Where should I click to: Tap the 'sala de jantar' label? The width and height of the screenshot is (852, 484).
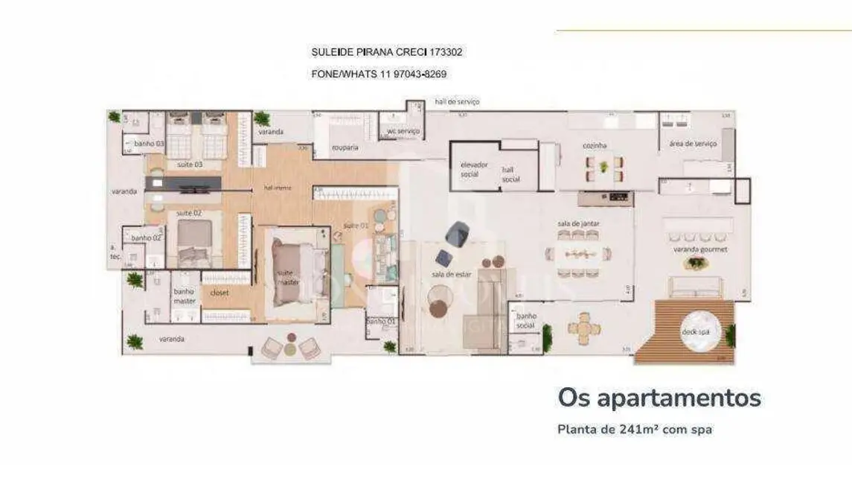578,223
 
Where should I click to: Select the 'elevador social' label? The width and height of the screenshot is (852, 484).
473,168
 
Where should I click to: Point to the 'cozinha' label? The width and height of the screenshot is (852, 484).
595,146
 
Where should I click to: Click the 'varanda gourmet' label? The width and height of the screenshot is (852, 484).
699,249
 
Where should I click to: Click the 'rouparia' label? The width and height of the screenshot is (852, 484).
345,147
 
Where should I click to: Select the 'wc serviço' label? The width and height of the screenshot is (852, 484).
403,131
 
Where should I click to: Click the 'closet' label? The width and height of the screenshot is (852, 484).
220,293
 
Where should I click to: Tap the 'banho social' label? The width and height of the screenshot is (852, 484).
526,321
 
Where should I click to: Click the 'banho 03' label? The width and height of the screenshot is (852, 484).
149,143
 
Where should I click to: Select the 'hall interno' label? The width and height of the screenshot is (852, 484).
278,188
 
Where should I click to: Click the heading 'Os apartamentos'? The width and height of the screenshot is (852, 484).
659,398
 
